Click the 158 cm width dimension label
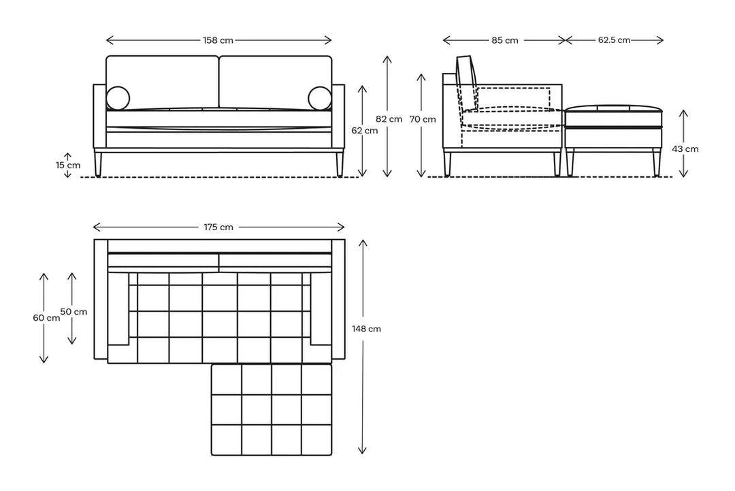coord(218,40)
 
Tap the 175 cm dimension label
coord(218,227)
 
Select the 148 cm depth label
coord(366,328)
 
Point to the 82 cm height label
coord(390,118)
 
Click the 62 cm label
coord(365,131)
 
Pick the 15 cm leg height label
coord(69,165)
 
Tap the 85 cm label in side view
coord(504,40)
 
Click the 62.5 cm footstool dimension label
coord(614,40)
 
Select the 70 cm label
coord(423,119)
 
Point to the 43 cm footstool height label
coord(685,148)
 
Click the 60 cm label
coord(46,317)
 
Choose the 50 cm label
coord(73,311)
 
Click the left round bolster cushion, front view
coord(118,98)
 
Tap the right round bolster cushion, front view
coord(319,98)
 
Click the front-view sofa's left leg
coord(99,163)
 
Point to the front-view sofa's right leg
coord(339,163)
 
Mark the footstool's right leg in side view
coord(656,161)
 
